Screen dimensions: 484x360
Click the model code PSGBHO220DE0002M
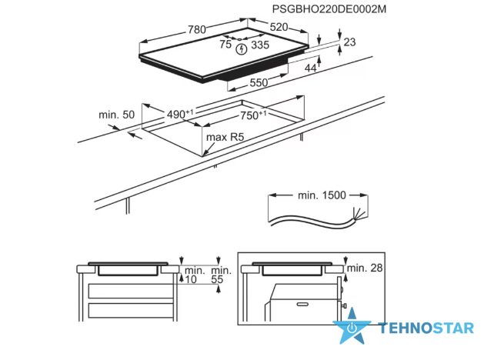click(329, 9)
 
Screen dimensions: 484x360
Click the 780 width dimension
click(197, 29)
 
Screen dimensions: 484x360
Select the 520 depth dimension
click(279, 27)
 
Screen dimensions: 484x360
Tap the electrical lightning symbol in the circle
click(242, 49)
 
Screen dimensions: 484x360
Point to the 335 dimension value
click(260, 45)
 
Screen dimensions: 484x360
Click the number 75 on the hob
click(225, 45)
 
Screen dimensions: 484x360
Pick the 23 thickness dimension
click(349, 42)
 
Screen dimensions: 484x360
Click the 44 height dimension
click(311, 68)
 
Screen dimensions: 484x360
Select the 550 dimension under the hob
click(259, 82)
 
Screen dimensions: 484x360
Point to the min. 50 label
click(117, 115)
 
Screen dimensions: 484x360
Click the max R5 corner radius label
click(225, 137)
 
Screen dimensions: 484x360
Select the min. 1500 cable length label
click(322, 195)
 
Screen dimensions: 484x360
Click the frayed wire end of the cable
click(359, 214)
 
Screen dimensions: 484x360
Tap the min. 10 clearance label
click(194, 275)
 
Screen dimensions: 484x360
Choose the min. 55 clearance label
click(221, 275)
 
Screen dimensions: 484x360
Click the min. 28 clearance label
click(365, 268)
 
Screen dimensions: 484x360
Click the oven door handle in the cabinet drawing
click(302, 305)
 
